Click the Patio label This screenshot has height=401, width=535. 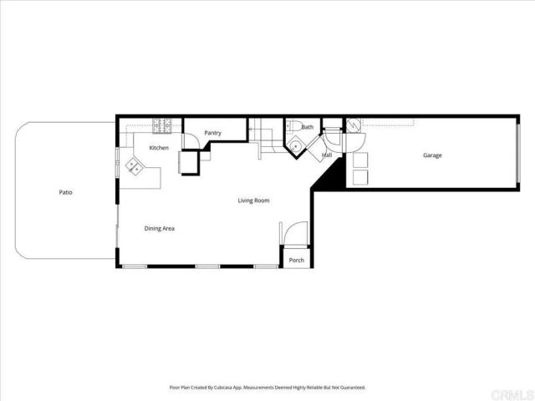coord(65,193)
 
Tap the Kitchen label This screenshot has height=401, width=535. coord(159,148)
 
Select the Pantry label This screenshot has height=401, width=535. coord(212,133)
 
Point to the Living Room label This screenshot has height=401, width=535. coord(253,200)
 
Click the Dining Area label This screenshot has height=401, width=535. coord(159,228)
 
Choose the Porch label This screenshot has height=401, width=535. coord(296,261)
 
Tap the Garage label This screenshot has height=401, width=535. coord(432,155)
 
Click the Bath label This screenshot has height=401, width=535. coord(308,127)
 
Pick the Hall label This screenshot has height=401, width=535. coord(327,155)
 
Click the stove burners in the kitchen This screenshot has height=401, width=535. coord(162,126)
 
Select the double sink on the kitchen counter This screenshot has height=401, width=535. coord(134,167)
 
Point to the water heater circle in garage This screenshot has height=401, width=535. coord(354,126)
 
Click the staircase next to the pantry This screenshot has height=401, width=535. coord(265,135)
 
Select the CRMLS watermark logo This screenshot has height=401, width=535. coord(511,391)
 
